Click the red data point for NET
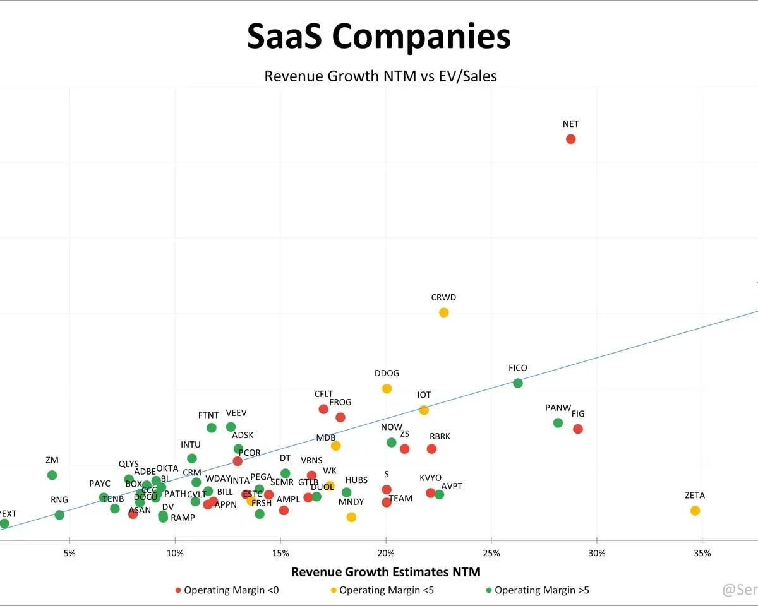click(570, 139)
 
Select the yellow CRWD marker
click(443, 312)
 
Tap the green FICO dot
click(518, 383)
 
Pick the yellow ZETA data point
click(695, 510)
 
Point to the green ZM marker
click(52, 475)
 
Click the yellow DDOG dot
click(387, 388)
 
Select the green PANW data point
click(558, 423)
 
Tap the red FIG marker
click(577, 429)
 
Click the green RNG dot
click(59, 514)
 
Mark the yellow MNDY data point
click(351, 517)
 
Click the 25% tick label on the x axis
click(491, 554)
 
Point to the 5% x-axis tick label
click(69, 554)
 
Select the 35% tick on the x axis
click(702, 554)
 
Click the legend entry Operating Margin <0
click(227, 590)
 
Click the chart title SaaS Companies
click(378, 36)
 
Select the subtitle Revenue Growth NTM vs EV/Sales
click(380, 76)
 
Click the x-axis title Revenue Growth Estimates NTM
click(385, 572)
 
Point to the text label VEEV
click(236, 413)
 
